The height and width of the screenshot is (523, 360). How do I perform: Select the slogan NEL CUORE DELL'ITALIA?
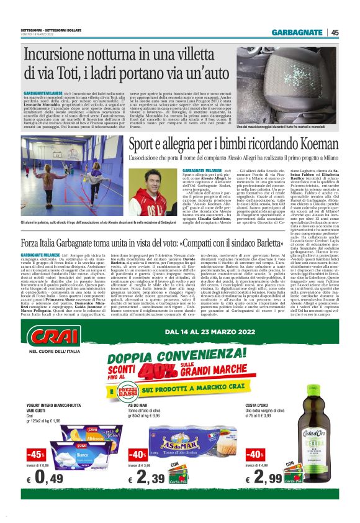pos(50,356)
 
